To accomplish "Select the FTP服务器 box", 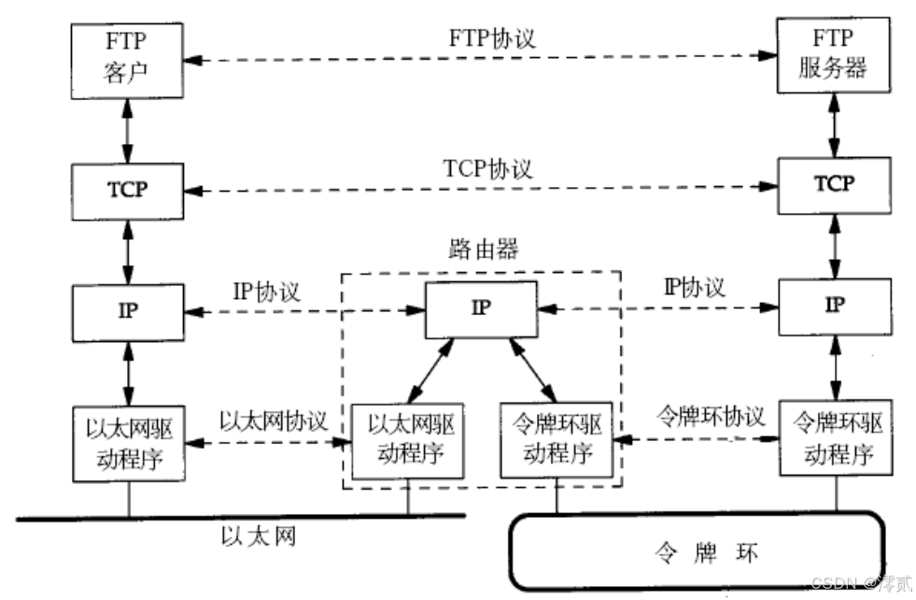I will tap(833, 58).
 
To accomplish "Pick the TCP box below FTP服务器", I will tap(833, 183).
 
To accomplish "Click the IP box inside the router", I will tap(481, 308).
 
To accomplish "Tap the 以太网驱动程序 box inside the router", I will tap(407, 440).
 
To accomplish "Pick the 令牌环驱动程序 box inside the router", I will tap(557, 440).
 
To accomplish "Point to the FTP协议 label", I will tap(481, 38).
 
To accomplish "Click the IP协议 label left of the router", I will tap(266, 290).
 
